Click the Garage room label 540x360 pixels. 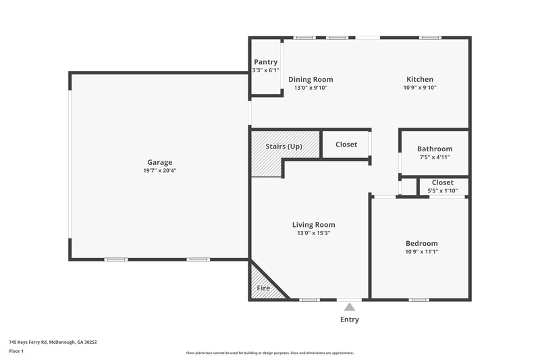160,162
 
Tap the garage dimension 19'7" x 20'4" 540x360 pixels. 160,171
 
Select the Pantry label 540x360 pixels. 265,62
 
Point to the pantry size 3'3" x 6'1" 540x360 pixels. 265,70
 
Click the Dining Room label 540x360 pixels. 310,80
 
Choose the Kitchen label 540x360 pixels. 419,80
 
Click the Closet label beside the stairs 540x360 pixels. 346,145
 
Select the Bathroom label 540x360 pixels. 435,149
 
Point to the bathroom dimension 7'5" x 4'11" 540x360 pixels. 435,157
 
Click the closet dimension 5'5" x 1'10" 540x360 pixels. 443,191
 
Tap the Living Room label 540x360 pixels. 313,225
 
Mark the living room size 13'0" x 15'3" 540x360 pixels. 313,233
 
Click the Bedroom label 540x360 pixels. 421,244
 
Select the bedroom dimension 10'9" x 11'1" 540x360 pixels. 421,252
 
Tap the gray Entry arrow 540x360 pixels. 350,307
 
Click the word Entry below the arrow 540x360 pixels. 350,319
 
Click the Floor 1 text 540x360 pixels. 16,351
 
